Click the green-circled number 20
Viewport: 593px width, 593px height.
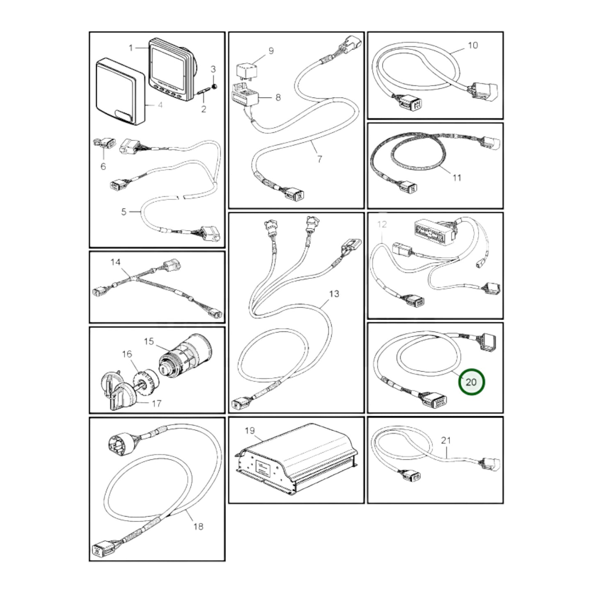tap(471, 382)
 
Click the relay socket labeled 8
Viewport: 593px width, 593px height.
tap(245, 96)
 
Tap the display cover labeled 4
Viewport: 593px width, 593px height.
tap(120, 92)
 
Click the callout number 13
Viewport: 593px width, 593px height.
tap(334, 293)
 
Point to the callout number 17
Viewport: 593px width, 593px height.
tap(157, 403)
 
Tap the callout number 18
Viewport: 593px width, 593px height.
tap(198, 527)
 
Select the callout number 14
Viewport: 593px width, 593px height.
tap(115, 262)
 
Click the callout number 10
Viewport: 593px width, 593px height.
tap(473, 45)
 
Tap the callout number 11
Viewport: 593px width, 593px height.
tap(457, 178)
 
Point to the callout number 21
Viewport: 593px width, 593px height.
tap(446, 440)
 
